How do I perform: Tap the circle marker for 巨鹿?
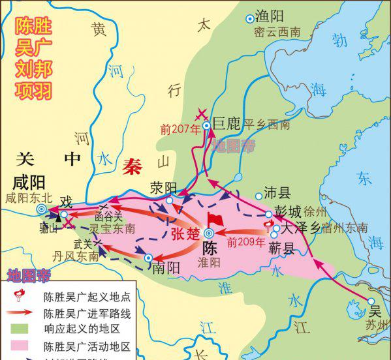(x=206, y=125)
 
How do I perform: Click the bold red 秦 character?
(x=134, y=166)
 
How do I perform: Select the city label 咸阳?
(x=30, y=181)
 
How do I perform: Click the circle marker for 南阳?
(x=148, y=258)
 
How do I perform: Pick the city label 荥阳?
(x=164, y=187)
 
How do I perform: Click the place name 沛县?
(x=276, y=192)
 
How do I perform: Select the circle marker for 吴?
(x=371, y=301)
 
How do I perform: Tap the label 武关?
(x=83, y=244)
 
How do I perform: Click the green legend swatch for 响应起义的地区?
(x=22, y=330)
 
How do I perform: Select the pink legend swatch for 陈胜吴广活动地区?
(x=22, y=346)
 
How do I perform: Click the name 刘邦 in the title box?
(x=34, y=68)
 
